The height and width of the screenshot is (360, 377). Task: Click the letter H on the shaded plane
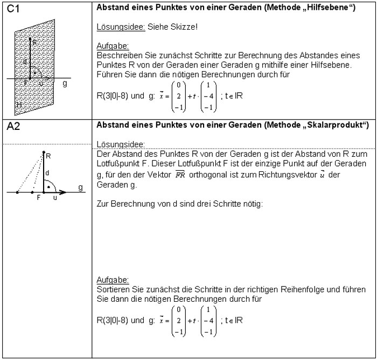pos(19,105)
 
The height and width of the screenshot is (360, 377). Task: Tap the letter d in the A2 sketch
pos(47,172)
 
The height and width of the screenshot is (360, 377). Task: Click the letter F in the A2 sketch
pos(38,198)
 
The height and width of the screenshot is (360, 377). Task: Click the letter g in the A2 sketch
pos(80,188)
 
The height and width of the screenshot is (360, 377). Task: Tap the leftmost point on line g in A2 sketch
pos(17,191)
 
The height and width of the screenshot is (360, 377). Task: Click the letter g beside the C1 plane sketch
pos(65,84)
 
